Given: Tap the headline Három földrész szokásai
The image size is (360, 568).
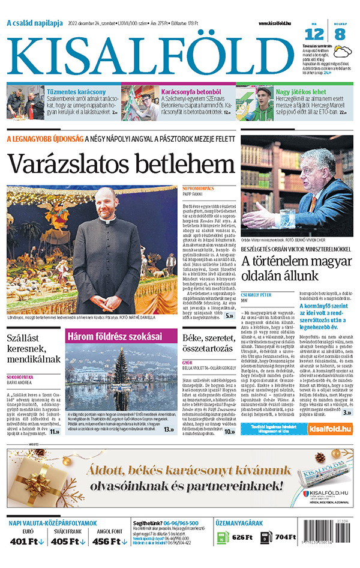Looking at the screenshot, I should [x=113, y=337].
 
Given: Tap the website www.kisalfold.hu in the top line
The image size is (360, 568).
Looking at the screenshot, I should [x=278, y=23].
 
